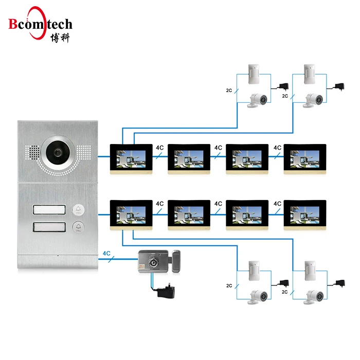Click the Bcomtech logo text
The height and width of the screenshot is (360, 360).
pos(40,24)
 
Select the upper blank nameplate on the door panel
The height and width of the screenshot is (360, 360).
pos(50,209)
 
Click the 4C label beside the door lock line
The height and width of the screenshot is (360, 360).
pos(107,253)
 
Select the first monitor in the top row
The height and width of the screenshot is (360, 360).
pos(131,158)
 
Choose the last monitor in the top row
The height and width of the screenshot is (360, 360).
pos(304,158)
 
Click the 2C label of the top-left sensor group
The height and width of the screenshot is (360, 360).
pos(228,91)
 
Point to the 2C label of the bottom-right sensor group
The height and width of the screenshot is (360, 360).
pos(284,292)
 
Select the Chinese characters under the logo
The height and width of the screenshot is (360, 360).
pos(61,38)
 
